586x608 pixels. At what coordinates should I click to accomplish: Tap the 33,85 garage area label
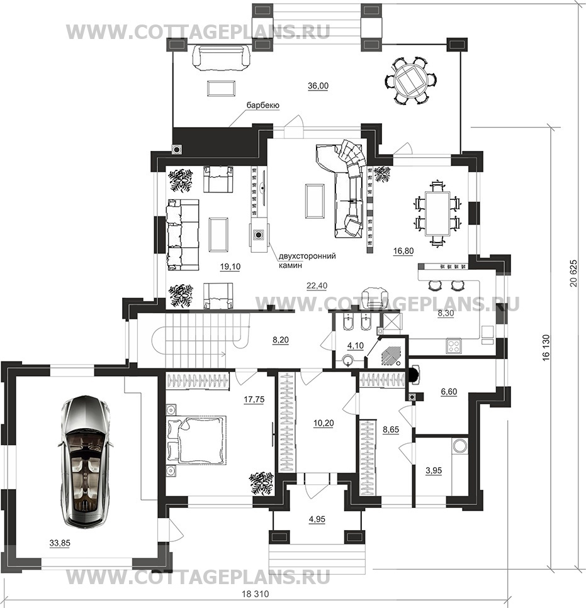point(60,543)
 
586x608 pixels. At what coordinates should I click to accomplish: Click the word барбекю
point(263,106)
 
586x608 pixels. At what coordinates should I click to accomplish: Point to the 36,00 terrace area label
point(318,86)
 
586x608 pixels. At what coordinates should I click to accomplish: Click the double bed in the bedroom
point(196,439)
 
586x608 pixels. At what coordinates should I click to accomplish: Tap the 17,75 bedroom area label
point(254,399)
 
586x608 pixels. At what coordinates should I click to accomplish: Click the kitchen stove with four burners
point(453,345)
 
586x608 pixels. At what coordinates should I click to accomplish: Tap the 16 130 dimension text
point(547,348)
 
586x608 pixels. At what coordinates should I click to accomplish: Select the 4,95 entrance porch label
point(317,519)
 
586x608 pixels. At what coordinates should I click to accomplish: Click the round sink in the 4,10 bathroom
point(348,360)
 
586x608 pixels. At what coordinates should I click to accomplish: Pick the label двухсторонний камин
point(307,260)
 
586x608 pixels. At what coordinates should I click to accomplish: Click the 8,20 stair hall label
point(281,340)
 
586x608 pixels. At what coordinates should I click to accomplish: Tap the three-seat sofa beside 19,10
point(183,235)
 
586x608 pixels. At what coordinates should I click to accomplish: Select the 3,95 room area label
point(434,470)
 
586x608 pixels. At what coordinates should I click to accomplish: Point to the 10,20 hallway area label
point(324,423)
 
